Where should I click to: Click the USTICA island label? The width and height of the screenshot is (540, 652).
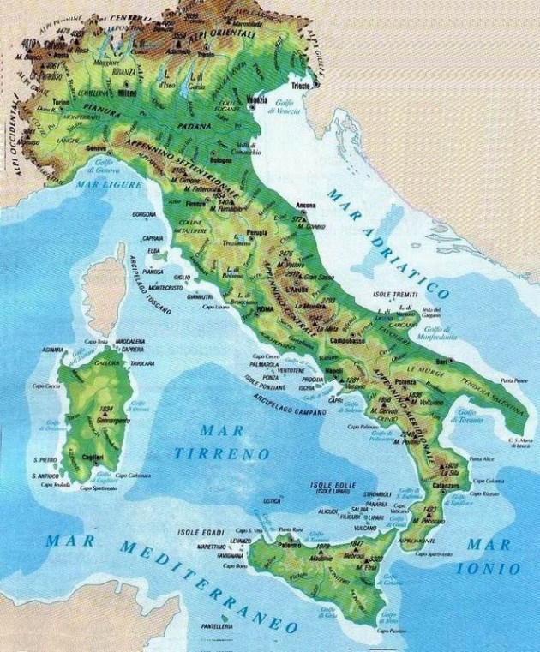[x=272, y=499]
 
